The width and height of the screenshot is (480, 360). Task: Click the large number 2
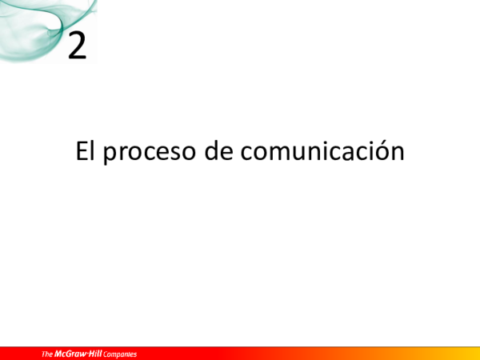[x=77, y=46]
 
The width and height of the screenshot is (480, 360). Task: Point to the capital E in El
[x=81, y=150]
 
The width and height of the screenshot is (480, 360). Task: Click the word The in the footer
[x=47, y=354]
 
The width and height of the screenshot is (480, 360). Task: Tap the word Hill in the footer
[x=96, y=354]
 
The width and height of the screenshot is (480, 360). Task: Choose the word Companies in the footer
[x=120, y=354]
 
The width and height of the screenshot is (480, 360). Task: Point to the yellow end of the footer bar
[x=468, y=353]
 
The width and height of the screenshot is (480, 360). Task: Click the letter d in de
[x=211, y=150]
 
